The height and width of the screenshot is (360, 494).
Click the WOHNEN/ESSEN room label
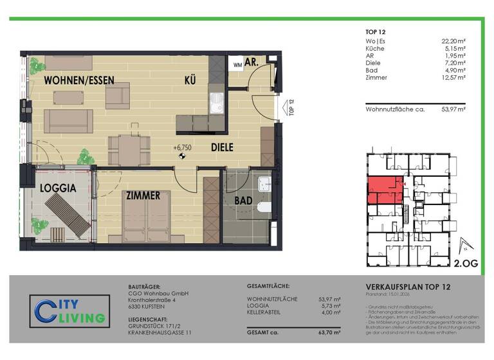(x=79, y=81)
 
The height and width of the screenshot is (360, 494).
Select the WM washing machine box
(x=237, y=65)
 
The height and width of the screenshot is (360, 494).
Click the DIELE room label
(x=223, y=147)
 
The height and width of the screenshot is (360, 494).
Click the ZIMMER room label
(x=143, y=195)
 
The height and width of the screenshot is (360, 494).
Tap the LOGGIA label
(x=59, y=188)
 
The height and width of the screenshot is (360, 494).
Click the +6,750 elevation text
(x=183, y=147)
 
